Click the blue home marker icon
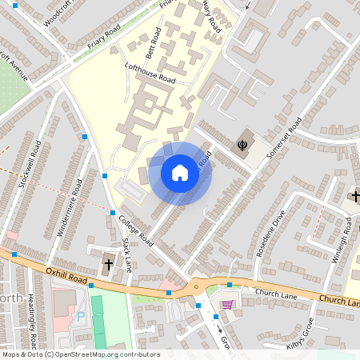click(180, 173)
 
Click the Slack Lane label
click(126, 257)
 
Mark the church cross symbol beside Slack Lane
click(108, 263)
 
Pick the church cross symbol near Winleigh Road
click(354, 195)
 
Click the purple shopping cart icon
click(227, 304)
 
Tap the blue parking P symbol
click(80, 317)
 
